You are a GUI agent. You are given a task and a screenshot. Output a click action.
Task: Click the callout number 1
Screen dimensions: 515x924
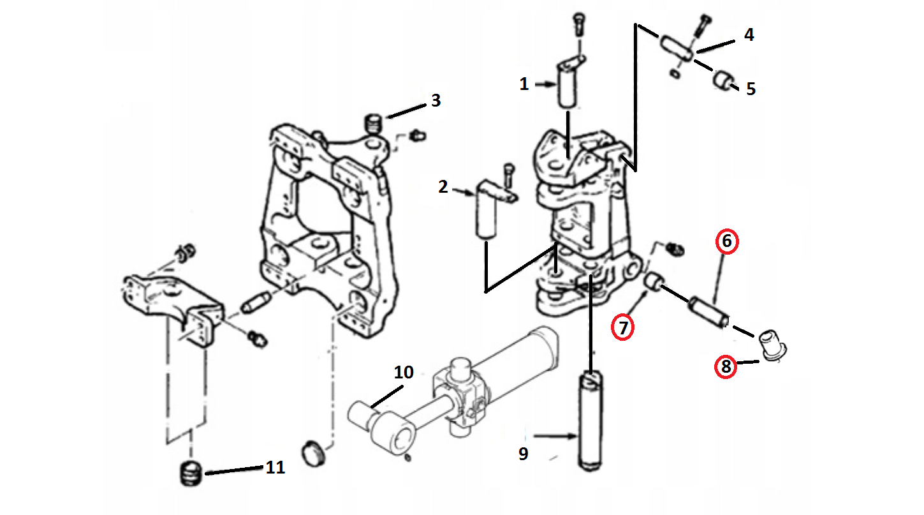(x=524, y=84)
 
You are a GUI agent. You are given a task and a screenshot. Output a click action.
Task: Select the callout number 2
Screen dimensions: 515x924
(x=443, y=187)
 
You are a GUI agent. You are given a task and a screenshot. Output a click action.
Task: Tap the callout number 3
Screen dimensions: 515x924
(x=436, y=100)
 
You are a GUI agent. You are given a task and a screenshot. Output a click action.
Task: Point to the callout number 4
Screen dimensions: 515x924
(x=749, y=34)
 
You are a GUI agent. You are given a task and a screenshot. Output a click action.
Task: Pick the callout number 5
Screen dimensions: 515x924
(x=751, y=89)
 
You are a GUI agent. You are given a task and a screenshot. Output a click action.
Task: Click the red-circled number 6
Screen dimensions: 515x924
(x=727, y=242)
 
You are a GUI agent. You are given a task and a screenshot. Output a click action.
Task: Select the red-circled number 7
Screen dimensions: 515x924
(x=622, y=328)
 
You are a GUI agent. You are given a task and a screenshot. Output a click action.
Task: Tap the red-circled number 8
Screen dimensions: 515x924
(x=724, y=367)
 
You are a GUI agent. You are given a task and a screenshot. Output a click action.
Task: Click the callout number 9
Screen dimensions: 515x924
(x=523, y=454)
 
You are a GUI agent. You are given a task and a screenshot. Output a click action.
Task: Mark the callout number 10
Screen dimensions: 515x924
(x=404, y=373)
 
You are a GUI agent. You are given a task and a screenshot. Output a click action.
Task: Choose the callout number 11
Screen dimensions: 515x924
(x=275, y=468)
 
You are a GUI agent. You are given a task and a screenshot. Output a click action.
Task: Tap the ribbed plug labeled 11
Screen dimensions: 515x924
(x=189, y=474)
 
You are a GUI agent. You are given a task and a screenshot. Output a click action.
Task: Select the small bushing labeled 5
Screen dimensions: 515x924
(x=722, y=80)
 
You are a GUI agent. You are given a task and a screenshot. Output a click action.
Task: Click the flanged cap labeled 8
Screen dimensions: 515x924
(x=774, y=344)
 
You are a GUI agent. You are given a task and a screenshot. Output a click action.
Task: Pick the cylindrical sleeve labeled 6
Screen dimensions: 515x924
(x=707, y=310)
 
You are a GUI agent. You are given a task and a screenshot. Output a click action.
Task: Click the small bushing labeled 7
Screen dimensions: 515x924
(x=654, y=281)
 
